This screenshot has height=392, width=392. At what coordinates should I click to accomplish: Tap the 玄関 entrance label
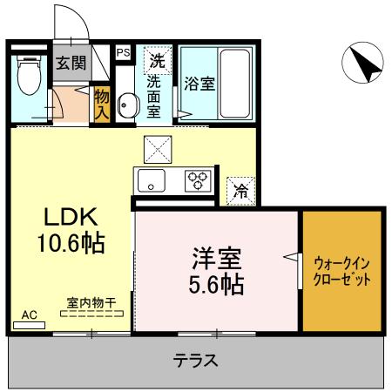point(70,64)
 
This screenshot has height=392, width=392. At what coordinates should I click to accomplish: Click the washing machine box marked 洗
point(157,61)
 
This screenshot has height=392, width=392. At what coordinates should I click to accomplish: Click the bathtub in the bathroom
point(233,83)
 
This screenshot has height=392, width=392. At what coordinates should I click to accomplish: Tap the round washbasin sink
point(125,105)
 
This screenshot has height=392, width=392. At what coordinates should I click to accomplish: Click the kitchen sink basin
point(150,182)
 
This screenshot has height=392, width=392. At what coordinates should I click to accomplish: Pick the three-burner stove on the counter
point(197,181)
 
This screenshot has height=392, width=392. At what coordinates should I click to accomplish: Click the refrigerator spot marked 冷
point(240,192)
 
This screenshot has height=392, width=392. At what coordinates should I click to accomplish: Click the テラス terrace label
point(194,360)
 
